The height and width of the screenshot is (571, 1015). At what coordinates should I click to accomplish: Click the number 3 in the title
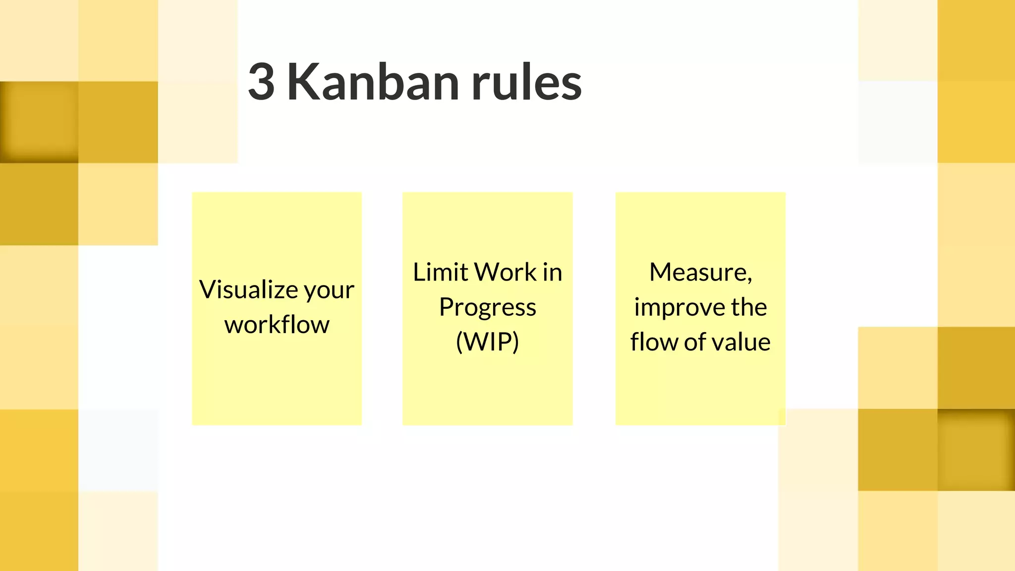click(x=262, y=82)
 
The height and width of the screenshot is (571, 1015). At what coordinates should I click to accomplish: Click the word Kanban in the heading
click(x=373, y=82)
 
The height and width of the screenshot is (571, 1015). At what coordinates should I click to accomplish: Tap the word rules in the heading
click(x=526, y=82)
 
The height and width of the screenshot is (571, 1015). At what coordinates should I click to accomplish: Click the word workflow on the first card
click(x=277, y=325)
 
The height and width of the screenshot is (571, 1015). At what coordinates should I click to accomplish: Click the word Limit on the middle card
click(x=441, y=272)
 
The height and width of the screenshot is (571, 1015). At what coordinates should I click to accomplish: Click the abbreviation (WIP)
click(x=488, y=342)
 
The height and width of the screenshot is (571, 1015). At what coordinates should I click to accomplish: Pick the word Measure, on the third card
click(x=700, y=272)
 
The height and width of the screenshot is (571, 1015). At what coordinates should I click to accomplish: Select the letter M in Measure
click(x=661, y=272)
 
